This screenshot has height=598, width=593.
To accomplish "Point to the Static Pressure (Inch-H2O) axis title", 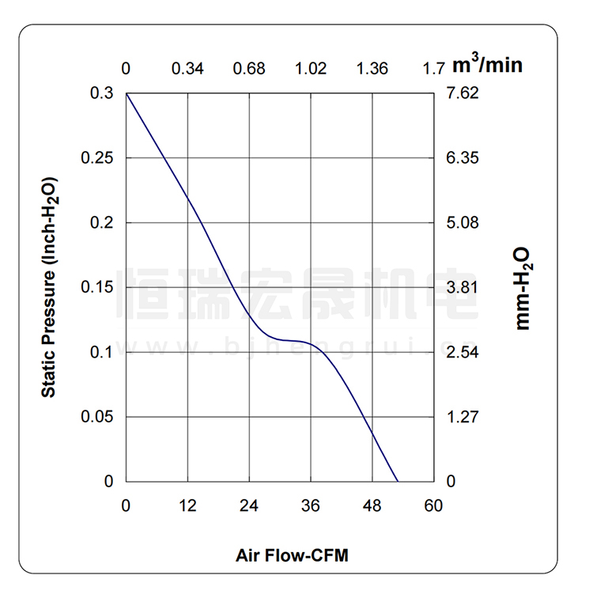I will coord(49,287).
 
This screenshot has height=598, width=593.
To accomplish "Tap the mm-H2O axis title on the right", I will coord(523,287).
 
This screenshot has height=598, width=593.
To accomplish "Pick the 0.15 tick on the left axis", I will coord(98,287).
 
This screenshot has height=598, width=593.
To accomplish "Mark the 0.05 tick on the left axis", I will coord(98,416).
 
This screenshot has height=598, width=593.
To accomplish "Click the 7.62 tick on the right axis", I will coord(463,93).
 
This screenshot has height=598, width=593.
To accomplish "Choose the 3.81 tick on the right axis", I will coord(463,287).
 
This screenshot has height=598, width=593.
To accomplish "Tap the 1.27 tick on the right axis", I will coord(463,416).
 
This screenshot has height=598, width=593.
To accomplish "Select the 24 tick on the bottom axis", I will coord(249,505).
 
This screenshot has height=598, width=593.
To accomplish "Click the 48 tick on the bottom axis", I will coord(372,505).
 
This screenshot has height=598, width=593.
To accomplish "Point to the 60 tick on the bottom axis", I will coord(433,505).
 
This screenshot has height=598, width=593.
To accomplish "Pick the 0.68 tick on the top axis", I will coord(249,69).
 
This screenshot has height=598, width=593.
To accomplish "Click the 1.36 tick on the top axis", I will coord(372,69).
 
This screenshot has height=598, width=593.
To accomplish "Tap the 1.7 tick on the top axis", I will coord(433,69).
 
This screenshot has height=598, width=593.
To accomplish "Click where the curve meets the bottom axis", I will coord(397,481).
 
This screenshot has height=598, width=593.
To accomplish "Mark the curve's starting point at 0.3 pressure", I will coord(127,94).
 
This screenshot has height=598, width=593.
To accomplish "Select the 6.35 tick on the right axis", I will coord(463,158).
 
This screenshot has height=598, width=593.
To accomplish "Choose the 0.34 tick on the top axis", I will coord(187,69).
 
